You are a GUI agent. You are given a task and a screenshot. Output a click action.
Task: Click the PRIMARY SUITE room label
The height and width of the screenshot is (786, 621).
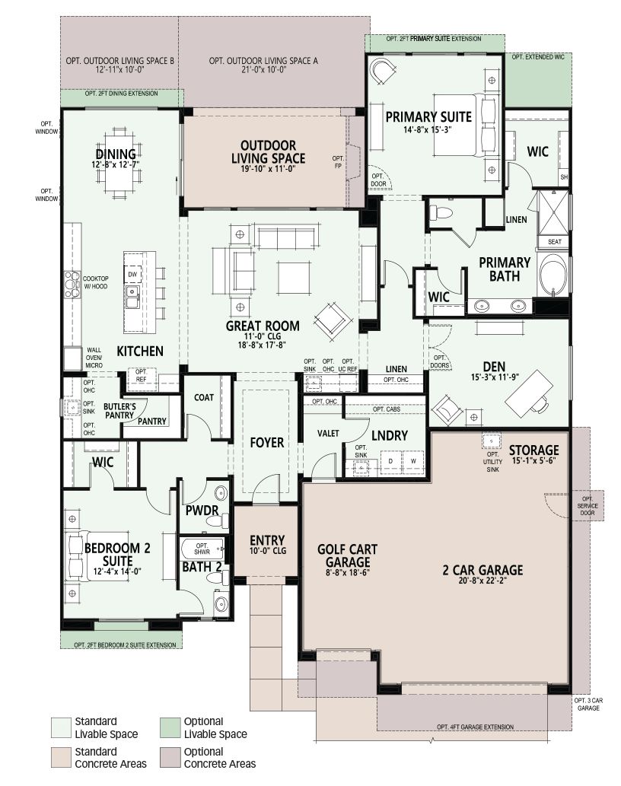(x=428, y=117)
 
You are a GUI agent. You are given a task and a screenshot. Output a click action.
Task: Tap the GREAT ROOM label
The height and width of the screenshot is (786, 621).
(x=263, y=326)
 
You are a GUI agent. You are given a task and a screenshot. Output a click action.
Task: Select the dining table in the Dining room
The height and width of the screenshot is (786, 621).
(x=123, y=161)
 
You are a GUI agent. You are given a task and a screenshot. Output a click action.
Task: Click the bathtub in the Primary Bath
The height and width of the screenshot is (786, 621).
(x=553, y=275)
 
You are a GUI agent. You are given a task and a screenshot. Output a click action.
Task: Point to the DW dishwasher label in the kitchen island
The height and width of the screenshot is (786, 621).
(x=132, y=274)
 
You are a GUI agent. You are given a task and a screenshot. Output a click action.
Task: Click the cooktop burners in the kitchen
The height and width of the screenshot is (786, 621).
(x=72, y=285)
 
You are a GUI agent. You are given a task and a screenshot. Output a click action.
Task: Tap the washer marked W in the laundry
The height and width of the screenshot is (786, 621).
(x=413, y=461)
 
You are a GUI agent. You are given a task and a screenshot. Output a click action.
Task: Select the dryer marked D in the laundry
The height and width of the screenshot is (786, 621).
(x=391, y=461)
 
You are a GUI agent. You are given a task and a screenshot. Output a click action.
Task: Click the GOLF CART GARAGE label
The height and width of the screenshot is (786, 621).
(x=347, y=556)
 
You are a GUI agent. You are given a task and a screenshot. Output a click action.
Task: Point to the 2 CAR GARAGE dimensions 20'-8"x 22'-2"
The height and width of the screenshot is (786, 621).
(x=482, y=581)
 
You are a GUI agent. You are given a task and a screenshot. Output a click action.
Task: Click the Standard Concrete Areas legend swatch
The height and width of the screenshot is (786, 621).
(x=61, y=757)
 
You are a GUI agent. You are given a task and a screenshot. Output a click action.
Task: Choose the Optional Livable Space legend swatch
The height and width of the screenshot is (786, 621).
(x=170, y=728)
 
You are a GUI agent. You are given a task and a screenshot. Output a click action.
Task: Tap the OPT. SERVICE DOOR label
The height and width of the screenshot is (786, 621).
(x=588, y=506)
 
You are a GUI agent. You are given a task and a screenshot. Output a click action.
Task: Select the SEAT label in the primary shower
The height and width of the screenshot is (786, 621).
(x=554, y=242)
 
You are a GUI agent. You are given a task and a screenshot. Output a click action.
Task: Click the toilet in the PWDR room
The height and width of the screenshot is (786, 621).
(x=217, y=522)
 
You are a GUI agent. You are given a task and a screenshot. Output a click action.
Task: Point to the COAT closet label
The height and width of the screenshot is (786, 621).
(x=204, y=397)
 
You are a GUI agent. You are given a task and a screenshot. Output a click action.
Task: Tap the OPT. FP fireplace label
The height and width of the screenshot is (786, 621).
(x=338, y=162)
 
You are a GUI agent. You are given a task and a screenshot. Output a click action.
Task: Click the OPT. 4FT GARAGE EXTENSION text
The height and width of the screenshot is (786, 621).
(x=475, y=727)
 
